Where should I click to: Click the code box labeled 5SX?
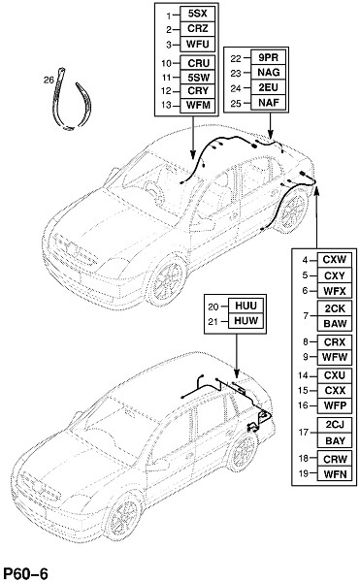197,15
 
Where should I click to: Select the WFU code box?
197,44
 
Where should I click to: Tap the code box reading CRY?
197,91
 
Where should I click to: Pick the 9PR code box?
269,57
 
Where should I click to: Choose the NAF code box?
269,103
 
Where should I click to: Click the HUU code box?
245,306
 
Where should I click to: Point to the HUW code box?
245,321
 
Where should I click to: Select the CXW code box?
335,259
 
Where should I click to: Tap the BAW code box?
335,323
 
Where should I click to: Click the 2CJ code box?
335,425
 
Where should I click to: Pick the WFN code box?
335,473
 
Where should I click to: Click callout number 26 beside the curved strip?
49,80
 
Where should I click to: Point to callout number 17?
304,433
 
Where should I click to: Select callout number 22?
236,58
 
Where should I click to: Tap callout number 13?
166,106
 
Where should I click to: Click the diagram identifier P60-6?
25,573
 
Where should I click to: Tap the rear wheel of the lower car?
244,451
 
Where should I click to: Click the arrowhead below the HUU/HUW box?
237,373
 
